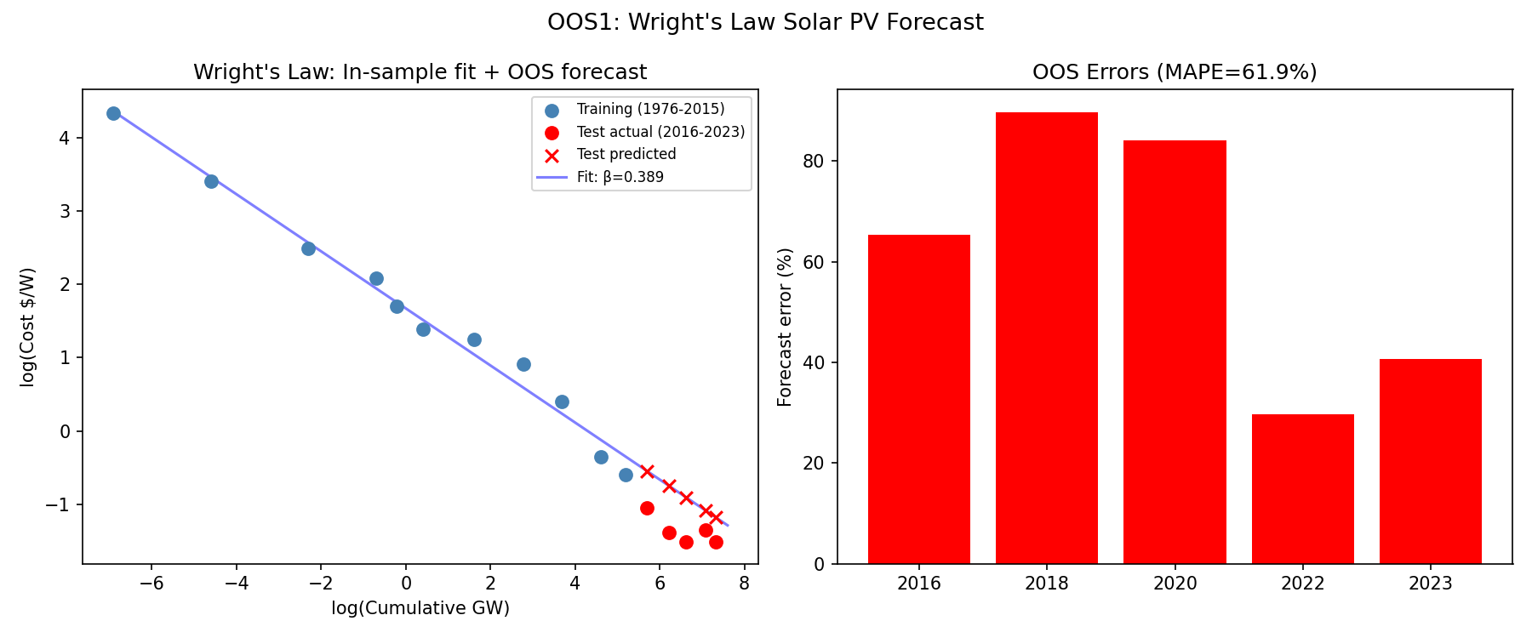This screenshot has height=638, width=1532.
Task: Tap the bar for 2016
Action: click(x=919, y=399)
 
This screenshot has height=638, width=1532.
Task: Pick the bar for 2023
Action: click(x=1430, y=461)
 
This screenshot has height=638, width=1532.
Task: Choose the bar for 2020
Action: click(x=1175, y=352)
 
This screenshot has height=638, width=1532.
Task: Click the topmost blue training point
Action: click(x=113, y=113)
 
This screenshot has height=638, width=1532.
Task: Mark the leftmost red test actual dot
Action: click(x=647, y=508)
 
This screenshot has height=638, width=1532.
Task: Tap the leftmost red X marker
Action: click(x=647, y=471)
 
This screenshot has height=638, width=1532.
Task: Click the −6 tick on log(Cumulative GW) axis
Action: click(x=151, y=584)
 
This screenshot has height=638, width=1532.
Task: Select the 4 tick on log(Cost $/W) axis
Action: click(x=65, y=138)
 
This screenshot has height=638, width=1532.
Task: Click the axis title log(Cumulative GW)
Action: click(x=420, y=609)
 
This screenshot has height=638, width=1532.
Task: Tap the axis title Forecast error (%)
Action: click(x=785, y=327)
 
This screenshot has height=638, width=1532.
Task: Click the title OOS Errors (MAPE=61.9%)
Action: click(x=1175, y=72)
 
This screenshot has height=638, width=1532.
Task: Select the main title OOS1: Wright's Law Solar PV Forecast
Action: click(x=765, y=22)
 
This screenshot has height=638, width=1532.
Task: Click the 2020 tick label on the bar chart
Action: click(x=1175, y=584)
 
